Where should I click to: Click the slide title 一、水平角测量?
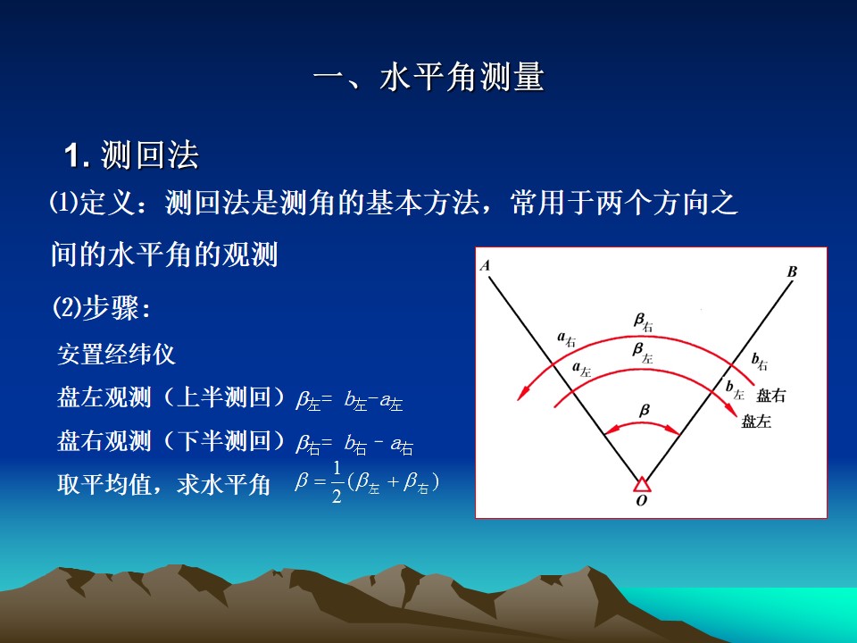click(429, 76)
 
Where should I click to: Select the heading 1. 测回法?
click(132, 155)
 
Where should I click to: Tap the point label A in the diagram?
click(485, 266)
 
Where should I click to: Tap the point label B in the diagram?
click(792, 271)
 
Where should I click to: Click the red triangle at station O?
click(642, 484)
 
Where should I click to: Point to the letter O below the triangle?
click(642, 500)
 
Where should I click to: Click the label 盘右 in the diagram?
click(770, 396)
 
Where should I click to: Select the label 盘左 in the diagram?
click(756, 421)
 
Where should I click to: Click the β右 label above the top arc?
click(644, 322)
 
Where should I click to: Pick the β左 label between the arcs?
click(643, 353)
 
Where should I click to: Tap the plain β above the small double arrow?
click(645, 411)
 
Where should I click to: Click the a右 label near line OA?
click(566, 339)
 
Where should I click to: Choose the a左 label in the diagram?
click(581, 370)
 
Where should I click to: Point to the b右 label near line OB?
click(760, 361)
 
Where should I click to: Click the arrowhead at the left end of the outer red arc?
click(523, 393)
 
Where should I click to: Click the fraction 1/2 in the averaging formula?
click(337, 481)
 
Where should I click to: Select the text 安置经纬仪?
click(116, 355)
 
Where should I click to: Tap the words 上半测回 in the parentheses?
click(224, 397)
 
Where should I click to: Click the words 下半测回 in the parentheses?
click(224, 440)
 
